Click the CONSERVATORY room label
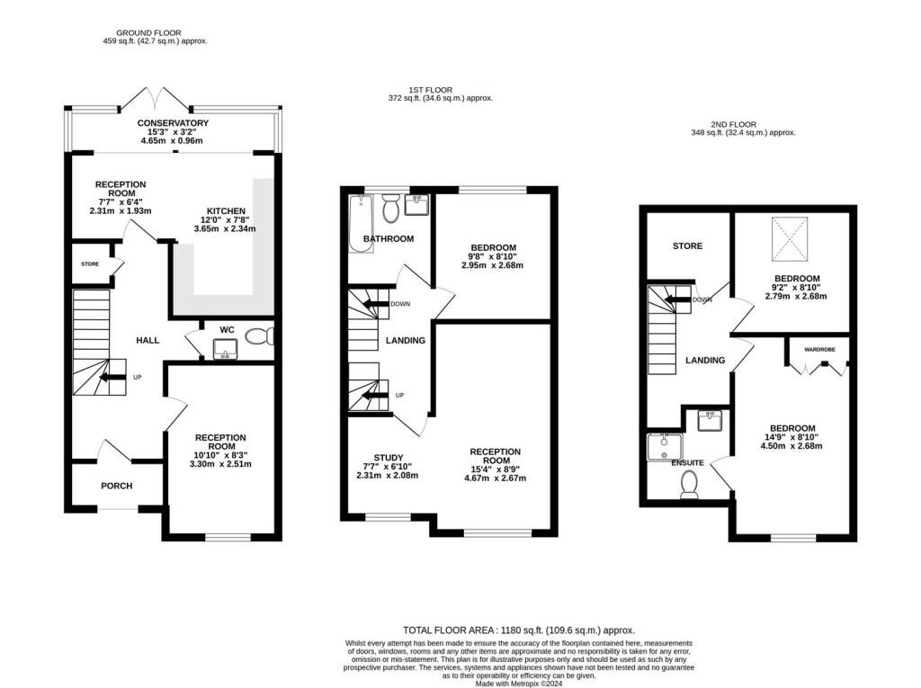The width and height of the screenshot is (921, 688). click(173, 122)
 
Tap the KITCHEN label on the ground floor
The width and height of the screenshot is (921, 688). click(225, 210)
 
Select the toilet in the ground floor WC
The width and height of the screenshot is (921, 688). click(260, 337)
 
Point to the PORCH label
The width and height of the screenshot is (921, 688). click(116, 486)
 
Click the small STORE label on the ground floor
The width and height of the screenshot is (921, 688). click(89, 264)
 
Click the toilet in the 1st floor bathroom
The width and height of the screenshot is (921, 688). click(390, 210)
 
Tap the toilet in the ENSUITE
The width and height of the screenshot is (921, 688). click(690, 486)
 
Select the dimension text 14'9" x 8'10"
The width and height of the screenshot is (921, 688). click(791, 436)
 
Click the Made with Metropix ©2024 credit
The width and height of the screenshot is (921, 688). click(519, 684)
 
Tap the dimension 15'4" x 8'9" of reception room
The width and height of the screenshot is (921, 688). click(495, 468)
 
